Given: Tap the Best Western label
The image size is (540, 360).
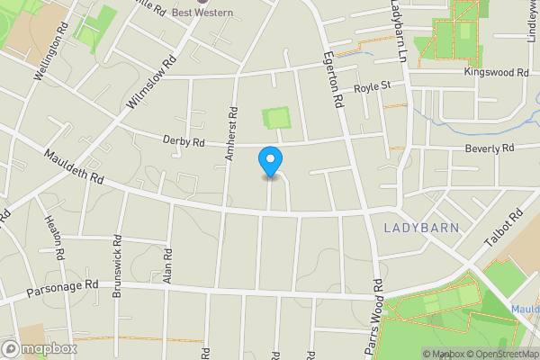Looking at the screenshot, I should tap(203, 12).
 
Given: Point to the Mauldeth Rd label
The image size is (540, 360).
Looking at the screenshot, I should tap(73, 166).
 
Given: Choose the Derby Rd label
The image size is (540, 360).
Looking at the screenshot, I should tap(184, 141).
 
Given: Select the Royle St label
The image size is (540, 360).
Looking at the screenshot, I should tap(371, 86).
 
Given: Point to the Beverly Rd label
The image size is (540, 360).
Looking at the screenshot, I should tap(489, 148).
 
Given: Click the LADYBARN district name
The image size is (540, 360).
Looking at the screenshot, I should tap(421, 228).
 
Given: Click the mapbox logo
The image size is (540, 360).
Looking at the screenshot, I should tap(39, 348).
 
